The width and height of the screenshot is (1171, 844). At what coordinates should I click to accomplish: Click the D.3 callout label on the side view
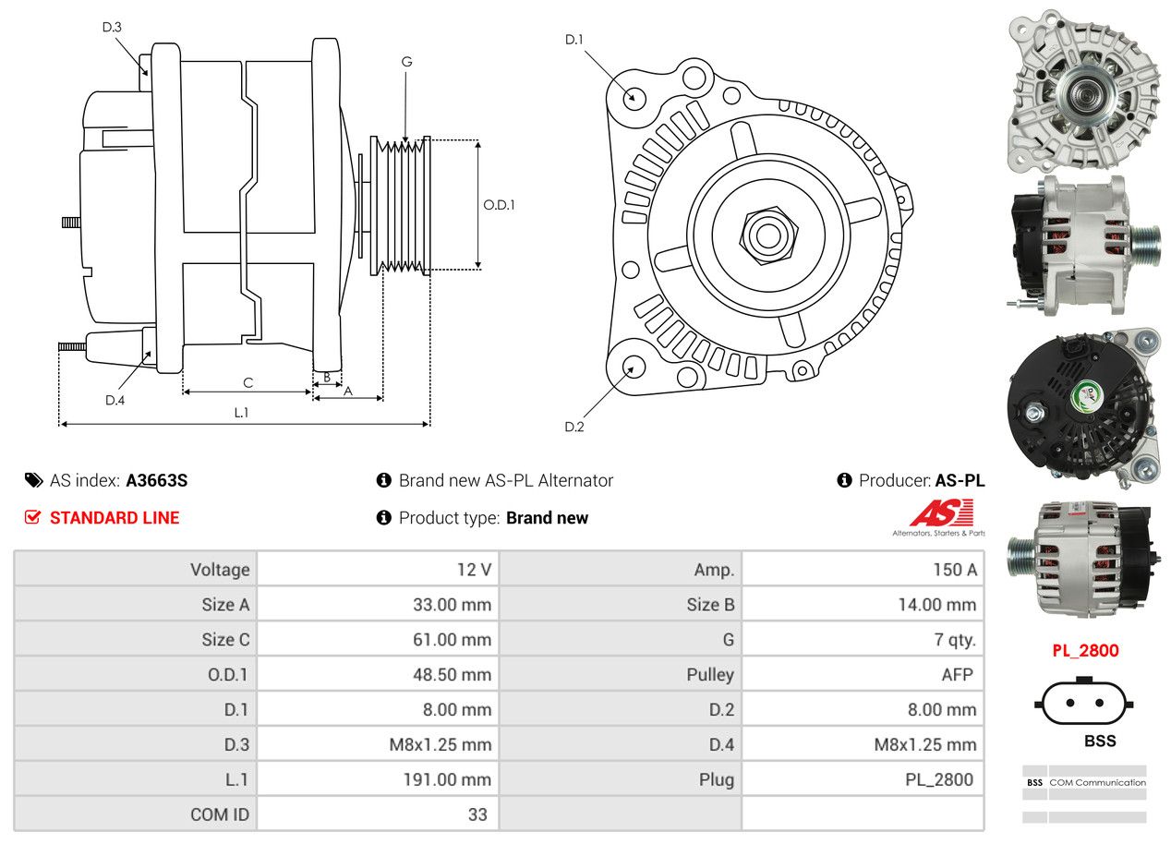[112, 27]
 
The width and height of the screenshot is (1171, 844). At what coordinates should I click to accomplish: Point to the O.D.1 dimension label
[499, 205]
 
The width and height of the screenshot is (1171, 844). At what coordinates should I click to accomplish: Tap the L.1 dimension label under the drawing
[241, 413]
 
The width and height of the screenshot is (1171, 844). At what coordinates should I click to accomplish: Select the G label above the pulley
[406, 62]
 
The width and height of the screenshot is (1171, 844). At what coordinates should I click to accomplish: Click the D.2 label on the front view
[574, 427]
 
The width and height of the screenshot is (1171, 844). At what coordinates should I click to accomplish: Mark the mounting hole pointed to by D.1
[634, 97]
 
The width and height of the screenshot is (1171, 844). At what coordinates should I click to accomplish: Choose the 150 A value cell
[863, 570]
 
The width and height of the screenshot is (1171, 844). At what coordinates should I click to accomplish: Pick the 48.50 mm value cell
[378, 675]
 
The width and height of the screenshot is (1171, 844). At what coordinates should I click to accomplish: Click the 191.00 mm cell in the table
[378, 780]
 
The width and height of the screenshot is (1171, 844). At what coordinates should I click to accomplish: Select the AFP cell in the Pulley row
[863, 675]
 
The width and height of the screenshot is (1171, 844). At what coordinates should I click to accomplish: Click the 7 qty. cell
[863, 640]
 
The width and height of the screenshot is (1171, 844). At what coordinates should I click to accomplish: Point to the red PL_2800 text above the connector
[1085, 651]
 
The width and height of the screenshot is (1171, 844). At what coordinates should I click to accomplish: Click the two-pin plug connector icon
[1084, 703]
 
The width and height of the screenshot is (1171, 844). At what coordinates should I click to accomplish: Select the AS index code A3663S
[157, 480]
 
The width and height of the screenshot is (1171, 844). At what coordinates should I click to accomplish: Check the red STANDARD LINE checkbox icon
[33, 518]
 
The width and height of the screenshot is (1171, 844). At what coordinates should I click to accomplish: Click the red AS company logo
[941, 513]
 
